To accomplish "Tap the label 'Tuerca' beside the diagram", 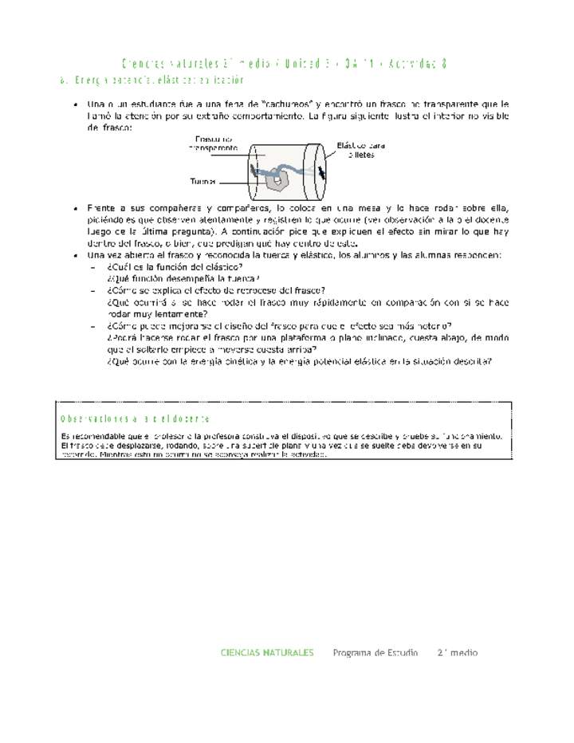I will pyautogui.click(x=202, y=181).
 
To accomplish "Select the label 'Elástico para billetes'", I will pyautogui.click(x=360, y=150).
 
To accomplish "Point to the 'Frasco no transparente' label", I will pyautogui.click(x=213, y=143).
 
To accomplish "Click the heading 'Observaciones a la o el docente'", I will pyautogui.click(x=136, y=419).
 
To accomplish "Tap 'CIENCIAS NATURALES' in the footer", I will pyautogui.click(x=267, y=652).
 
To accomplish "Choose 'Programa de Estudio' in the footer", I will pyautogui.click(x=375, y=652).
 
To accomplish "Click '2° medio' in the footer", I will pyautogui.click(x=457, y=652).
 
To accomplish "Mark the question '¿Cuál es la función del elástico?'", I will pyautogui.click(x=175, y=267).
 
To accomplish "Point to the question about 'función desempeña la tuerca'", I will pyautogui.click(x=183, y=279).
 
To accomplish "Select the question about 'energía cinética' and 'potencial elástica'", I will pyautogui.click(x=299, y=361).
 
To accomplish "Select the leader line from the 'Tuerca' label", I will pyautogui.click(x=239, y=182).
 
